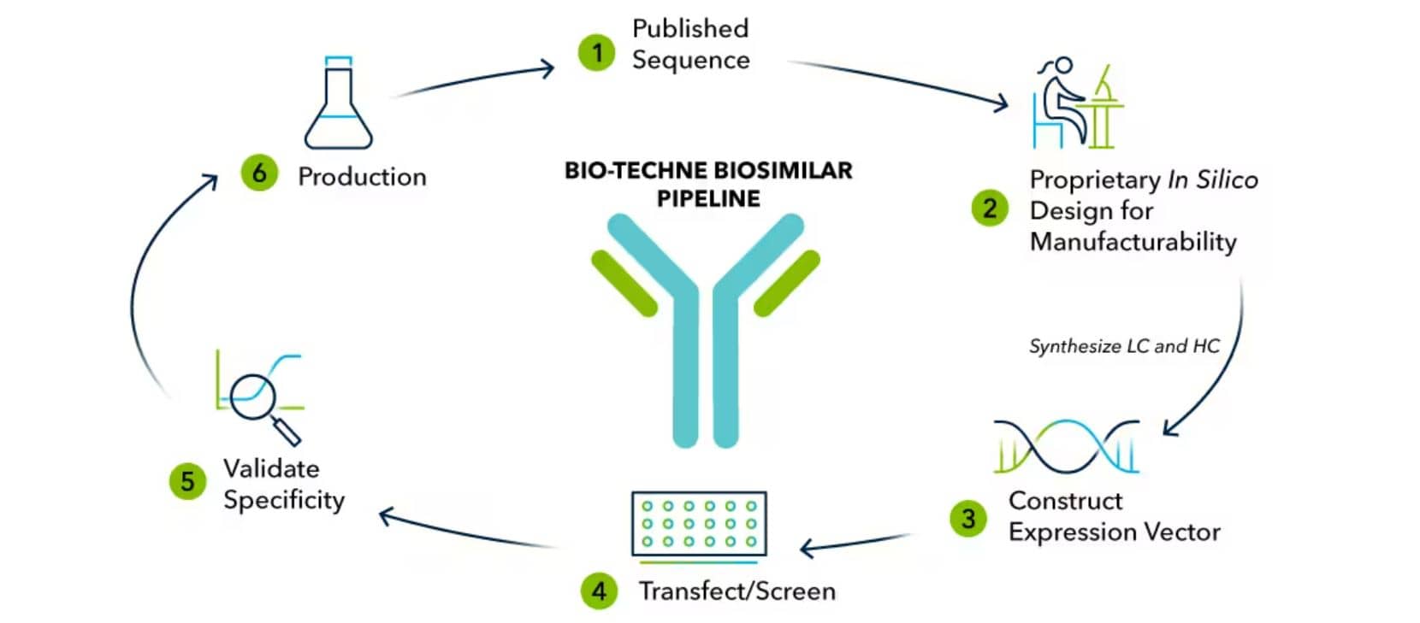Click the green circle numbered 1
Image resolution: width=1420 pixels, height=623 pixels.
point(596,52)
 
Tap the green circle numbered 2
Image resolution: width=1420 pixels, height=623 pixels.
point(990,209)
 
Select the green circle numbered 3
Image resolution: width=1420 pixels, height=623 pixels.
point(968,518)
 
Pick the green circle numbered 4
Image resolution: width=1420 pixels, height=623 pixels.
point(599,591)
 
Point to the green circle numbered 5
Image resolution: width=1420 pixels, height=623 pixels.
point(187,481)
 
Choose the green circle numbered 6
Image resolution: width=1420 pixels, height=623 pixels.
point(259,173)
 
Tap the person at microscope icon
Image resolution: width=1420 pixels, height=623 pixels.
point(1075,104)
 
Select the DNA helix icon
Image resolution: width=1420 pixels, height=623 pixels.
point(1066,446)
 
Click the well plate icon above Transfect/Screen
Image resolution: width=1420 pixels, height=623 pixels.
point(698,524)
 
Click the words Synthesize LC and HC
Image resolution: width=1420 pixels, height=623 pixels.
point(1123,346)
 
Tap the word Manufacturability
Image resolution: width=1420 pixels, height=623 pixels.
point(1133,242)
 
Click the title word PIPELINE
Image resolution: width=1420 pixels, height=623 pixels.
point(707,198)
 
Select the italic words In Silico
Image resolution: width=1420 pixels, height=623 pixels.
point(1212,179)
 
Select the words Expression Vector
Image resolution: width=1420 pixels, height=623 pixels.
point(1113,532)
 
